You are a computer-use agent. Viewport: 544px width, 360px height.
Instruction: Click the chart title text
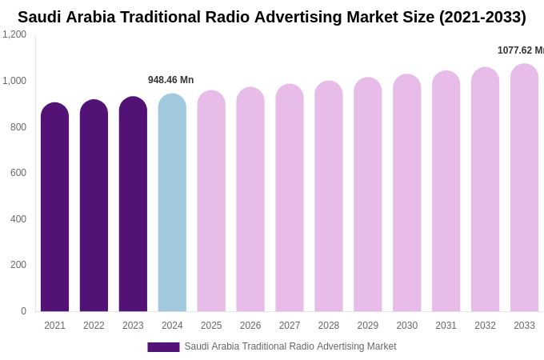272,17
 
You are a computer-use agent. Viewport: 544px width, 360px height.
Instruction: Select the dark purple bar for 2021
54,208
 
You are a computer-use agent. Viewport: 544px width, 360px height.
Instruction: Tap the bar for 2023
133,205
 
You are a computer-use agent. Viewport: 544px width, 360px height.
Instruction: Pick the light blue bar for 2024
172,203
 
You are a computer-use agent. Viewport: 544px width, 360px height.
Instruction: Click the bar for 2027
290,198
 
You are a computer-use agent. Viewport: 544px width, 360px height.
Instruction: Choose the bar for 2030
406,194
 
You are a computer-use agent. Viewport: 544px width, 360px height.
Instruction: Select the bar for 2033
524,188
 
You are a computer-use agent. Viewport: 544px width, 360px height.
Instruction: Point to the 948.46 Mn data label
170,80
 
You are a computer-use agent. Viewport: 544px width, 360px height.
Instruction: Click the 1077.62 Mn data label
520,50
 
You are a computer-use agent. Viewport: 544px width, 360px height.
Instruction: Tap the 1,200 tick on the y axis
14,34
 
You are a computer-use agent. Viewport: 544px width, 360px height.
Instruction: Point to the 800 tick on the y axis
18,127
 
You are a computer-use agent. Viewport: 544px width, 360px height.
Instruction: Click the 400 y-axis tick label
18,219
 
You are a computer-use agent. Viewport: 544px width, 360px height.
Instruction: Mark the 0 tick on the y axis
23,311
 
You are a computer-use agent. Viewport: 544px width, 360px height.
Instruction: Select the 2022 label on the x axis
94,326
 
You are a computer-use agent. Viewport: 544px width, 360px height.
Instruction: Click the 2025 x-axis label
211,326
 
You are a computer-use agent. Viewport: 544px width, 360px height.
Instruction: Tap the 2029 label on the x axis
368,326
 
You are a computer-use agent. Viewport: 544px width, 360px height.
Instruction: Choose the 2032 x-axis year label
485,326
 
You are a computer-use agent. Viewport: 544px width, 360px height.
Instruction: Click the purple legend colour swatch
163,347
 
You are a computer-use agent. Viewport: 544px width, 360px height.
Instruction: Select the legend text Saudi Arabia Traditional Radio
290,346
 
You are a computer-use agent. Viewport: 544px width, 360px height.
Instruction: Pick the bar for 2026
250,200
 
